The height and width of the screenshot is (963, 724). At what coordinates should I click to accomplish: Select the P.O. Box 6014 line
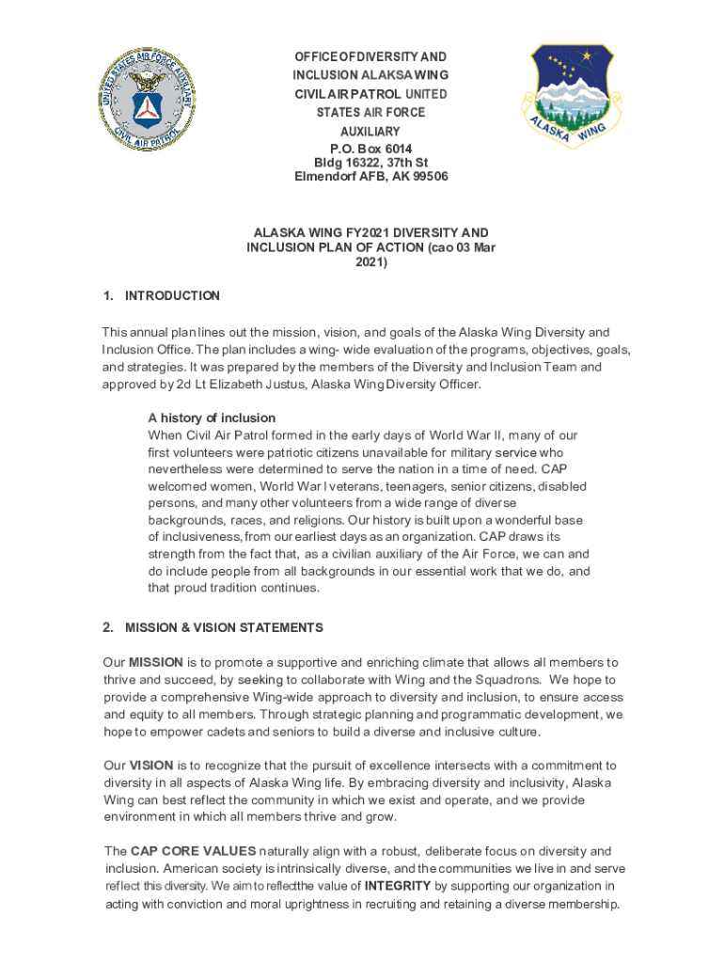point(370,149)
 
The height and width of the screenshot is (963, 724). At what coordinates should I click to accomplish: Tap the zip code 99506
point(428,176)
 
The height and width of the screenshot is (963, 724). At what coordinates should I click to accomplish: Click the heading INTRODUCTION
point(172,295)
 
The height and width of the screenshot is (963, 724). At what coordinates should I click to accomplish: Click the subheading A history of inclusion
point(212,418)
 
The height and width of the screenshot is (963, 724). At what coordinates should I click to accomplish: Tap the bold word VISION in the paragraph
point(150,766)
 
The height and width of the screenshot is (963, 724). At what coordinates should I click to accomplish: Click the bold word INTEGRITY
point(398,886)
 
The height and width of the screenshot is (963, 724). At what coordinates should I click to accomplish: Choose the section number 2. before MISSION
point(108,627)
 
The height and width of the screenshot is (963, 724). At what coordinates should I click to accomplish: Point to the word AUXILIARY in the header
point(370,132)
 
